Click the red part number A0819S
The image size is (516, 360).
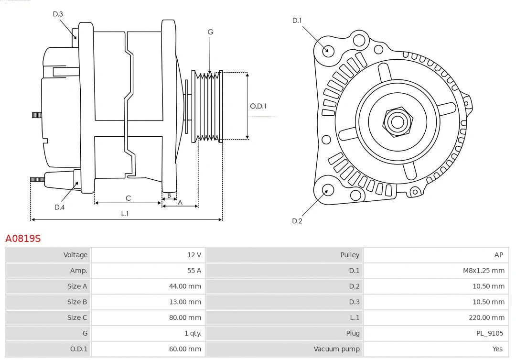pos(23,238)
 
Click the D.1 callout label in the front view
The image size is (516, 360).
pos(297,21)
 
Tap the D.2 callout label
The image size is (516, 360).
pos(297,221)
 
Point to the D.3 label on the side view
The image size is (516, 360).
pos(58,14)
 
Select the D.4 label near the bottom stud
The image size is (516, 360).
pos(59,207)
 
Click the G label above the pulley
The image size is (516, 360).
pos(210,32)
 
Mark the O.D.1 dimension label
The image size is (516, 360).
pos(258,106)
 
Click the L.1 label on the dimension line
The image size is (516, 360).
pos(125,214)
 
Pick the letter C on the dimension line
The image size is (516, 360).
pos(128,198)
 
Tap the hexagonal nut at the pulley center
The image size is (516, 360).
pos(397,121)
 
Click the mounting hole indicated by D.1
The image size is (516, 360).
pos(328,50)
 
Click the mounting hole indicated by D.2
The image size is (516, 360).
pos(327,190)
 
